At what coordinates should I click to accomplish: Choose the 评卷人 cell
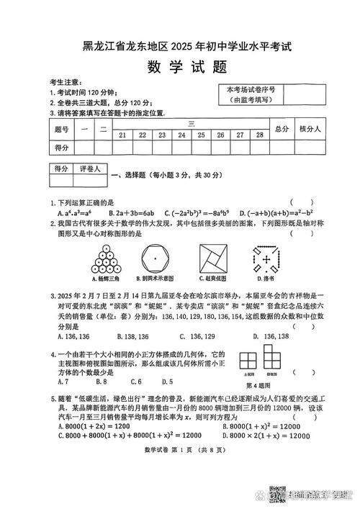(x=92, y=168)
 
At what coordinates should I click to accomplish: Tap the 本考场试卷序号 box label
(x=250, y=90)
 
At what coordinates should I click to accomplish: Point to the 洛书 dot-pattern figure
(x=269, y=256)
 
